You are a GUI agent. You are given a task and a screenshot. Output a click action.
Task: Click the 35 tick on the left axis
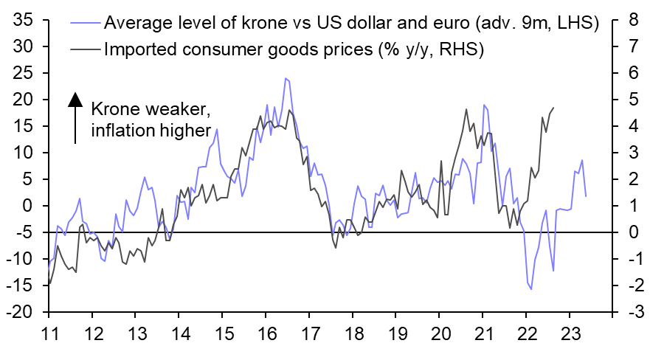click(x=22, y=20)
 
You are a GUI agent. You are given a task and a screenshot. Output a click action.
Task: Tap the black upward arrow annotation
click(x=75, y=117)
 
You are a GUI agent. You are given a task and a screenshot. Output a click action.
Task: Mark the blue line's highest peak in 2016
click(x=285, y=78)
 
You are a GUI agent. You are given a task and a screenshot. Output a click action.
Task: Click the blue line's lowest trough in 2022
click(x=530, y=289)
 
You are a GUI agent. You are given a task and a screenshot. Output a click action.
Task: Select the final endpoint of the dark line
click(x=554, y=108)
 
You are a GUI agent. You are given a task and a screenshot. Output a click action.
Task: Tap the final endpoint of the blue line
click(x=586, y=196)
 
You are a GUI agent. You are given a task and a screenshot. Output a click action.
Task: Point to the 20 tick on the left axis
click(x=22, y=100)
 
